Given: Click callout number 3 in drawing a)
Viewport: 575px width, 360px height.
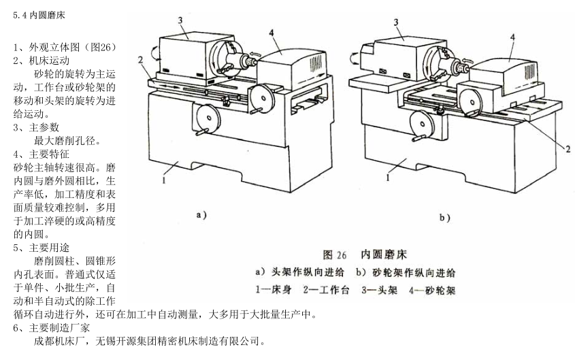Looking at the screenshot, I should coord(182,20).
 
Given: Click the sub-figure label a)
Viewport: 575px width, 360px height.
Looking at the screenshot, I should coord(201,216).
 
